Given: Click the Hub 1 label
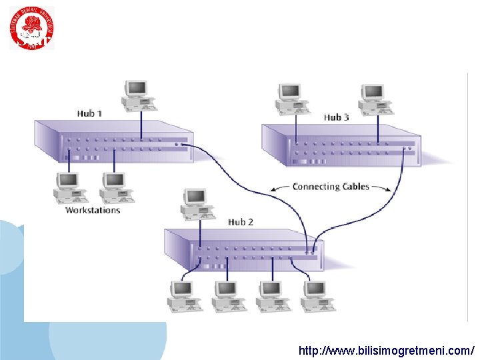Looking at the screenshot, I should pos(89,113).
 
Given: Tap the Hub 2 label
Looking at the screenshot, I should pos(241,221).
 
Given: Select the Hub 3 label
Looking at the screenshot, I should pos(336,117).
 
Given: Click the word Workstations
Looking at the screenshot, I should pos(93,210).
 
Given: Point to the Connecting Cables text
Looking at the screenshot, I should pos(331,187).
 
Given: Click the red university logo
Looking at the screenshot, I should pos(31,28).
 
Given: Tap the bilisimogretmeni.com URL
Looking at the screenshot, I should pos(386,350).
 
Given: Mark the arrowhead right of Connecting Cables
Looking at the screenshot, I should pos(389,190).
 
